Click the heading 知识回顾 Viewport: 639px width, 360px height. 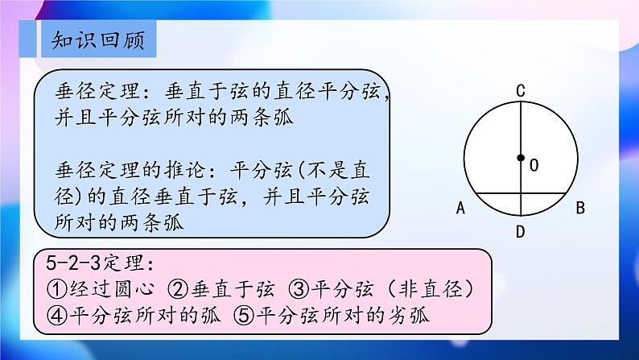(x=98, y=40)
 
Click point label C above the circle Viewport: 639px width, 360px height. (x=521, y=90)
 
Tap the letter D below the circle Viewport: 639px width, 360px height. (x=520, y=232)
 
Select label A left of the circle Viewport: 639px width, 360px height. (x=460, y=208)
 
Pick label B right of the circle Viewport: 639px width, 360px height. (x=580, y=208)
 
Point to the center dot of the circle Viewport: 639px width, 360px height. (x=521, y=158)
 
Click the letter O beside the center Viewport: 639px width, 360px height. (x=534, y=165)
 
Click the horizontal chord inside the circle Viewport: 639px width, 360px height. (x=521, y=192)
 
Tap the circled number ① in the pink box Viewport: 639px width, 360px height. (x=57, y=289)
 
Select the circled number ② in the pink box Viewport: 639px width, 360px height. (x=178, y=289)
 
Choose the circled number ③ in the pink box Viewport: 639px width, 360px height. (x=299, y=289)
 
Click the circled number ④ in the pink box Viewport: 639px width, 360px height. (x=57, y=315)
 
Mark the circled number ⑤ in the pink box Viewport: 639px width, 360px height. (x=244, y=315)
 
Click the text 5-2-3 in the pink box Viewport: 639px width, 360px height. (x=73, y=263)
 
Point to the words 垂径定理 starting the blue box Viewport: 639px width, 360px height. (x=97, y=91)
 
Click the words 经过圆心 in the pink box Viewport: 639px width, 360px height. (x=112, y=289)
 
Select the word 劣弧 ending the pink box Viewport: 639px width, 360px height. (x=407, y=315)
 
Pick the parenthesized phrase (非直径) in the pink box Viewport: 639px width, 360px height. (x=430, y=289)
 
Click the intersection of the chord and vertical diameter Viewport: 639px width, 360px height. (x=521, y=192)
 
